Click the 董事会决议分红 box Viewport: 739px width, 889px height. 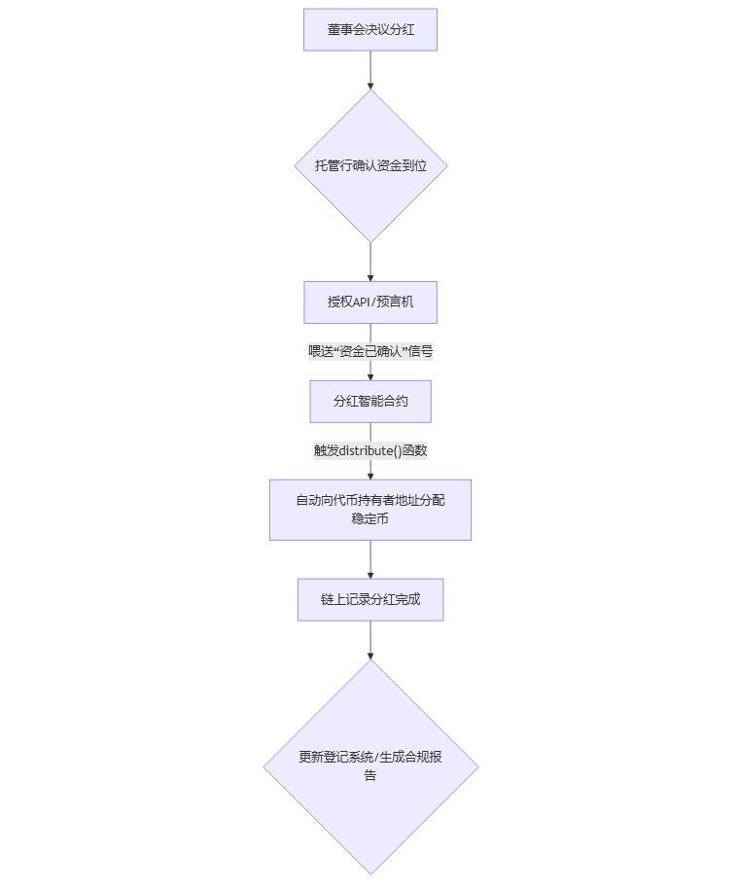coord(369,30)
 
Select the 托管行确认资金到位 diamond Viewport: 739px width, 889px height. coord(370,166)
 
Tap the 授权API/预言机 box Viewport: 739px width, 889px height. coord(370,302)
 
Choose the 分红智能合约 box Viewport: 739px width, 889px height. coord(370,401)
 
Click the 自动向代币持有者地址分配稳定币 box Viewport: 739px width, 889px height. coord(370,510)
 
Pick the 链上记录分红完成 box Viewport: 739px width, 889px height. coord(370,600)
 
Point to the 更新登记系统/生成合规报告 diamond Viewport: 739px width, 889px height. coord(370,766)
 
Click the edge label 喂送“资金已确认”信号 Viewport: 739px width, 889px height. coord(370,352)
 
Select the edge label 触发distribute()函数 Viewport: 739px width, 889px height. coord(370,450)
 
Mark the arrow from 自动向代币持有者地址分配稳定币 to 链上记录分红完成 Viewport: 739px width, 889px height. coord(370,559)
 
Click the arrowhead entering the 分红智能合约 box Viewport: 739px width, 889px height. coord(370,376)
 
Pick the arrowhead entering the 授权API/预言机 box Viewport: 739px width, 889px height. coord(370,277)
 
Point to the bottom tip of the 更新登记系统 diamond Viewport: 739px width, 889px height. coord(370,872)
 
